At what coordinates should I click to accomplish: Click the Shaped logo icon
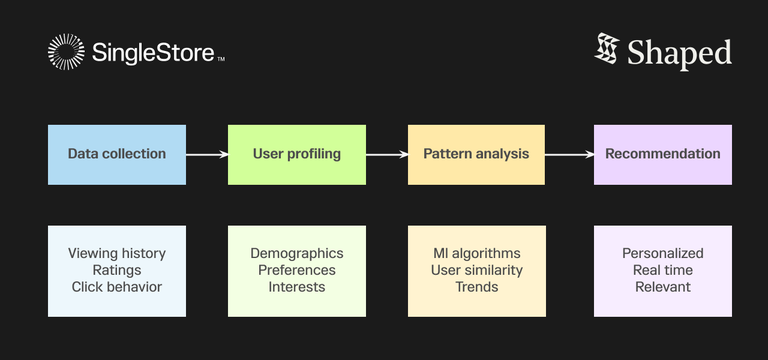point(607,51)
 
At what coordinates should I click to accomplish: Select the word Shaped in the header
point(679,53)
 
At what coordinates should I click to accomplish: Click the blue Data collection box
point(116,154)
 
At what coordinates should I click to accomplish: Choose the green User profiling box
point(296,154)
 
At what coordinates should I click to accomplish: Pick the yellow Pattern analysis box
point(476,154)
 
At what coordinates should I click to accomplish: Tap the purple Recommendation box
point(662,154)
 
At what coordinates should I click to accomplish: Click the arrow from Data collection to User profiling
point(206,154)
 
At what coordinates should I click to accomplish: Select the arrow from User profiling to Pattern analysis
point(386,154)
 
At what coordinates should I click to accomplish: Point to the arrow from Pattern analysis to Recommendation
point(569,154)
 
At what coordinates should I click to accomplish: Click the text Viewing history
point(116,253)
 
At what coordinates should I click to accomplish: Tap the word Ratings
point(116,270)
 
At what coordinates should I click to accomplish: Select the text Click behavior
point(116,287)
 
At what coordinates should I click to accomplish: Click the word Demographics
point(296,253)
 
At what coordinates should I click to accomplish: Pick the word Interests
point(296,287)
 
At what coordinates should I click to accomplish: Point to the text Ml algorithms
point(476,253)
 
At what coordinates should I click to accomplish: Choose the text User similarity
point(476,270)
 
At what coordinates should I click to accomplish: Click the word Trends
point(476,287)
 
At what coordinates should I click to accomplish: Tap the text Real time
point(662,270)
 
